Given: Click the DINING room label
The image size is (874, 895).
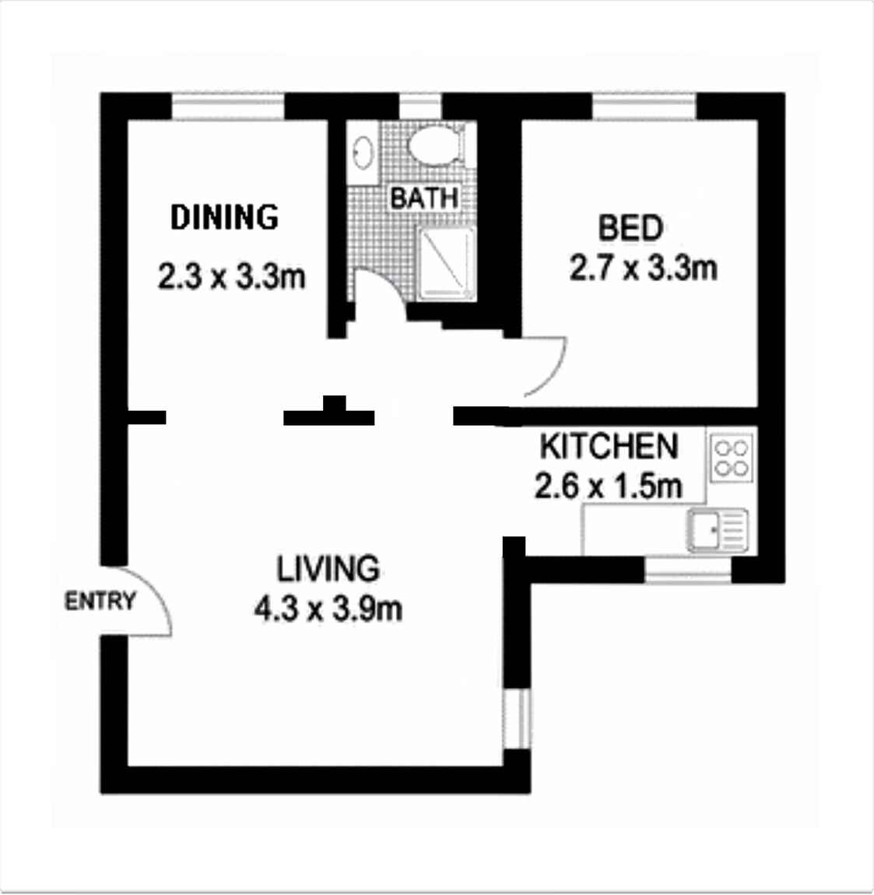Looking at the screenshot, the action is pyautogui.click(x=224, y=217).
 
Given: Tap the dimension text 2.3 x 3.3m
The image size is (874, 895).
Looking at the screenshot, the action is pyautogui.click(x=231, y=277).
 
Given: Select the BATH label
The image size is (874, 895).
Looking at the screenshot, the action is pyautogui.click(x=424, y=198).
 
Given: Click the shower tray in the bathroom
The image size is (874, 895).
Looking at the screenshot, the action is pyautogui.click(x=447, y=263).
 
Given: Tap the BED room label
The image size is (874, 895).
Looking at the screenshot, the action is pyautogui.click(x=630, y=227).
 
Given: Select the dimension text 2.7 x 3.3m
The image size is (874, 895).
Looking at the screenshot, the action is pyautogui.click(x=643, y=268).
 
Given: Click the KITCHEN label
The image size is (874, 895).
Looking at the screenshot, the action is pyautogui.click(x=609, y=447).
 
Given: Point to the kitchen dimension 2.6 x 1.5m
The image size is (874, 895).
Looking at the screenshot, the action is pyautogui.click(x=608, y=486).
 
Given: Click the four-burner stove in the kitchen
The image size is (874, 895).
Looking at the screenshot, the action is pyautogui.click(x=732, y=457).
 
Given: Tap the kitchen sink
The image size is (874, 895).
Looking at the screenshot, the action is pyautogui.click(x=718, y=531).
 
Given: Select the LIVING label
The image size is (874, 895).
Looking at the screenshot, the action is pyautogui.click(x=328, y=568).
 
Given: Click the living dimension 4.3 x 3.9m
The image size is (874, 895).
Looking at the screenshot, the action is pyautogui.click(x=328, y=609).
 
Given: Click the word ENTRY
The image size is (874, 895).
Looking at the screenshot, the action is pyautogui.click(x=100, y=602).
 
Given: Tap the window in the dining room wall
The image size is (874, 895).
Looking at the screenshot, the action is pyautogui.click(x=228, y=107).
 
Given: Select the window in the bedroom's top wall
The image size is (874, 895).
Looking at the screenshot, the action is pyautogui.click(x=644, y=107).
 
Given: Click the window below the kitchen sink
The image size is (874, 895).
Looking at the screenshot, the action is pyautogui.click(x=688, y=570).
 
